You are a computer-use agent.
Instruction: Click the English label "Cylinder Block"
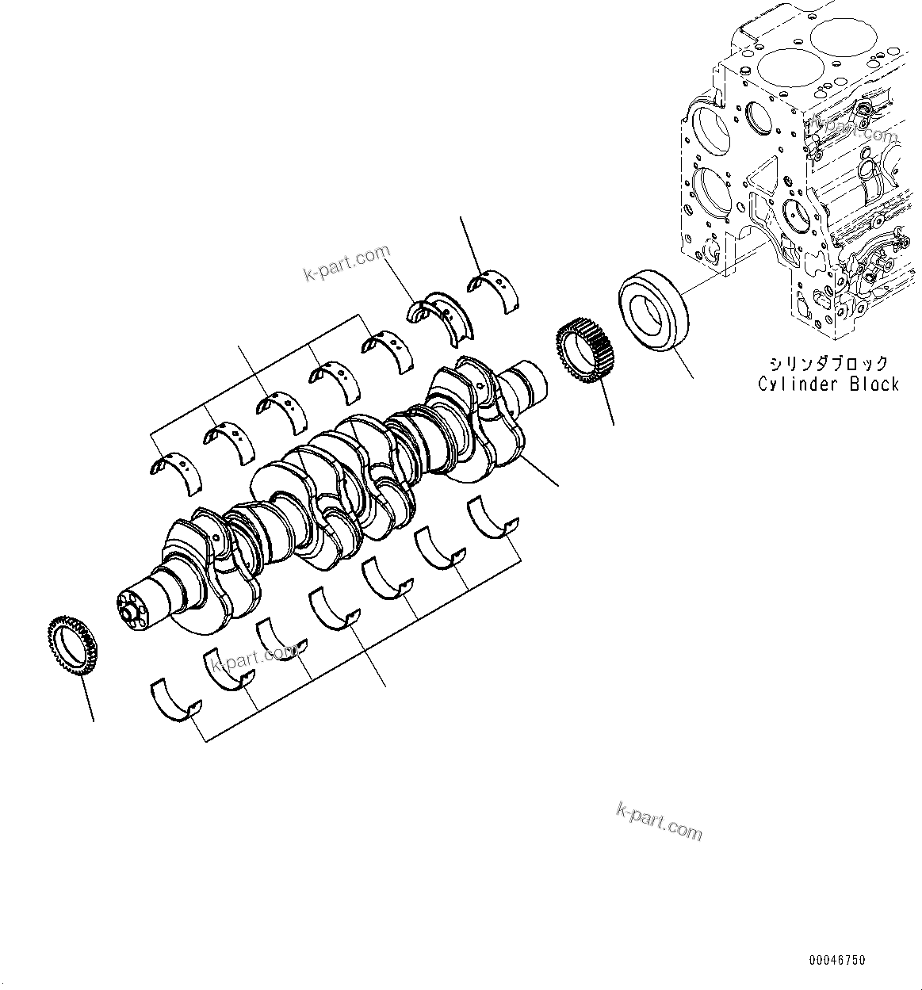(828, 384)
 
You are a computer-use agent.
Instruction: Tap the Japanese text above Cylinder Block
(828, 364)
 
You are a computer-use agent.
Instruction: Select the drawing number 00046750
(837, 960)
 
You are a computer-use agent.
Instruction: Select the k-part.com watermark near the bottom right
(659, 820)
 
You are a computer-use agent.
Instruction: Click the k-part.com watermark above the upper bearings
(347, 262)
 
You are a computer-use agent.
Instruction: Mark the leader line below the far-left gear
(88, 698)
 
